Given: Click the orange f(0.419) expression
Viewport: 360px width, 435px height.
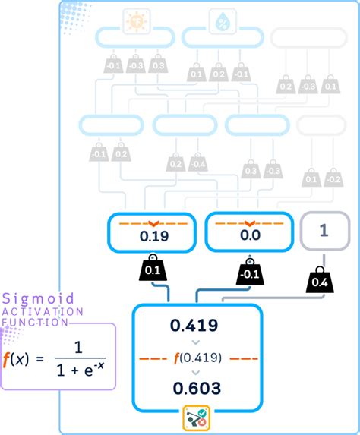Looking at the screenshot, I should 197,357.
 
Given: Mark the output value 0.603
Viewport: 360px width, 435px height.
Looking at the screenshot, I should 196,388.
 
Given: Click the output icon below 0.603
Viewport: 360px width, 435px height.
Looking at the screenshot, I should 197,418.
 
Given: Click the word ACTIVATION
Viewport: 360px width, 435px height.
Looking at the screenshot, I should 38,311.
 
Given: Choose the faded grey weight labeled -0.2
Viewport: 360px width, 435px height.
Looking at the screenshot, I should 333,178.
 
